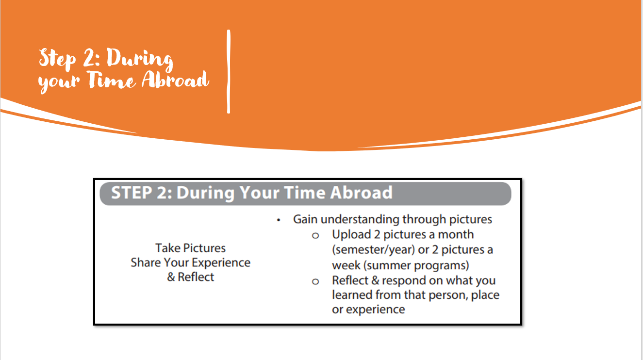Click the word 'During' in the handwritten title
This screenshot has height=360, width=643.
pos(140,59)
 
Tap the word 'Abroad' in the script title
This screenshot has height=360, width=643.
pos(175,80)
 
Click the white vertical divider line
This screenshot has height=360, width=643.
pos(229,71)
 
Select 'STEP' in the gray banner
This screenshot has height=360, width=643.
pos(132,193)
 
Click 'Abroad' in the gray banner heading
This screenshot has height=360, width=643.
pos(362,193)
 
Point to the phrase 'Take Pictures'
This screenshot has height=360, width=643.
pos(191,248)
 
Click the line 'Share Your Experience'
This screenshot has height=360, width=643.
pos(191,262)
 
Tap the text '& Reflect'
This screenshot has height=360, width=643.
pos(191,277)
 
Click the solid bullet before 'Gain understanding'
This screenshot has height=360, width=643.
pos(279,220)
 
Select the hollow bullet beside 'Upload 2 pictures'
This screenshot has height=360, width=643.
pos(315,236)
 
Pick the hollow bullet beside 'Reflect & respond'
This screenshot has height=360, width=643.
pos(315,281)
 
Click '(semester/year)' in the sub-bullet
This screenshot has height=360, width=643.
pos(373,250)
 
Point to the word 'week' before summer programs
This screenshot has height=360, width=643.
pos(346,265)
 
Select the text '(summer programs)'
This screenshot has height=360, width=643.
pos(416,265)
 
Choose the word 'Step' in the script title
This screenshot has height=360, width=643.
pos(57,59)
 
